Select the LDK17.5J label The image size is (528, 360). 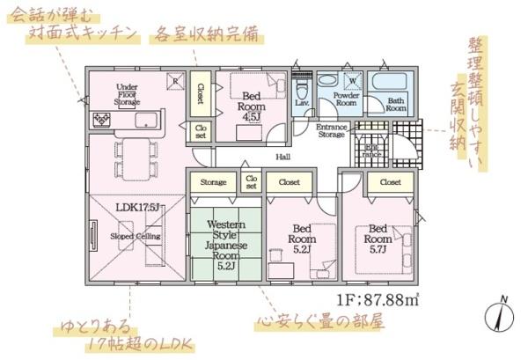coord(136,208)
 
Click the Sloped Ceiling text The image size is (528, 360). coord(135,237)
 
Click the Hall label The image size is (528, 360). coord(283,157)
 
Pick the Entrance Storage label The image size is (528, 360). coord(331,131)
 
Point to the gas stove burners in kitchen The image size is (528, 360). coord(99,119)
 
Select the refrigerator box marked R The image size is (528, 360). coord(176,79)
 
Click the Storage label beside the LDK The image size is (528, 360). coord(213,182)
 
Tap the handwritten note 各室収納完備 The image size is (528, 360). coord(208,35)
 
